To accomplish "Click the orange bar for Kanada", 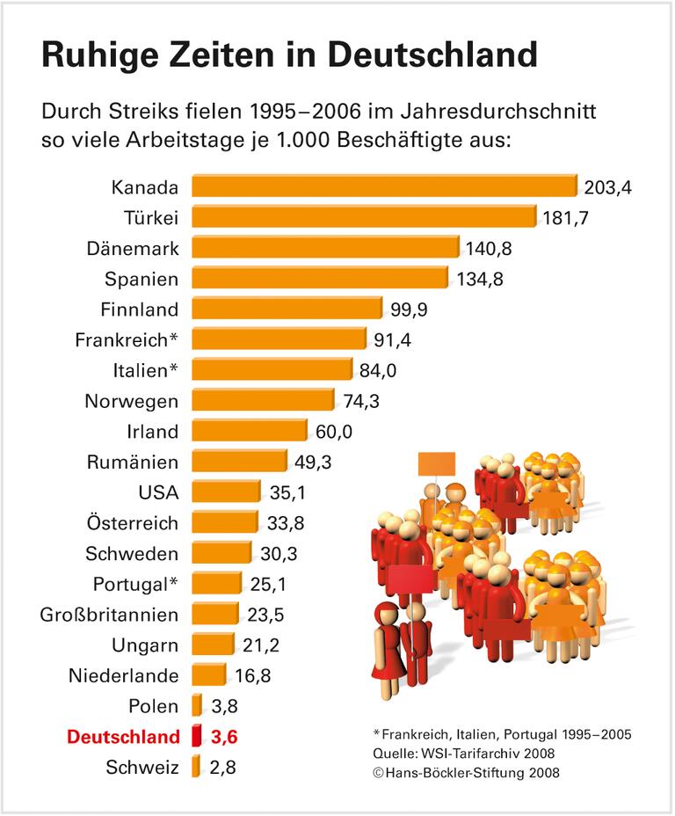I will click(384, 186).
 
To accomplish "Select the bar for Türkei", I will click(363, 217).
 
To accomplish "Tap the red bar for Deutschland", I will click(197, 735).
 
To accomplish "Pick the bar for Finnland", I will click(287, 309).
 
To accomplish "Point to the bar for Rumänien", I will click(239, 462).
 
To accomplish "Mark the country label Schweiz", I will click(142, 767).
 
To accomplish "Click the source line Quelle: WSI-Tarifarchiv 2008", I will click(463, 753).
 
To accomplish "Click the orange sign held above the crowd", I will click(436, 463).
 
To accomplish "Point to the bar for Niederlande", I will click(208, 675).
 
